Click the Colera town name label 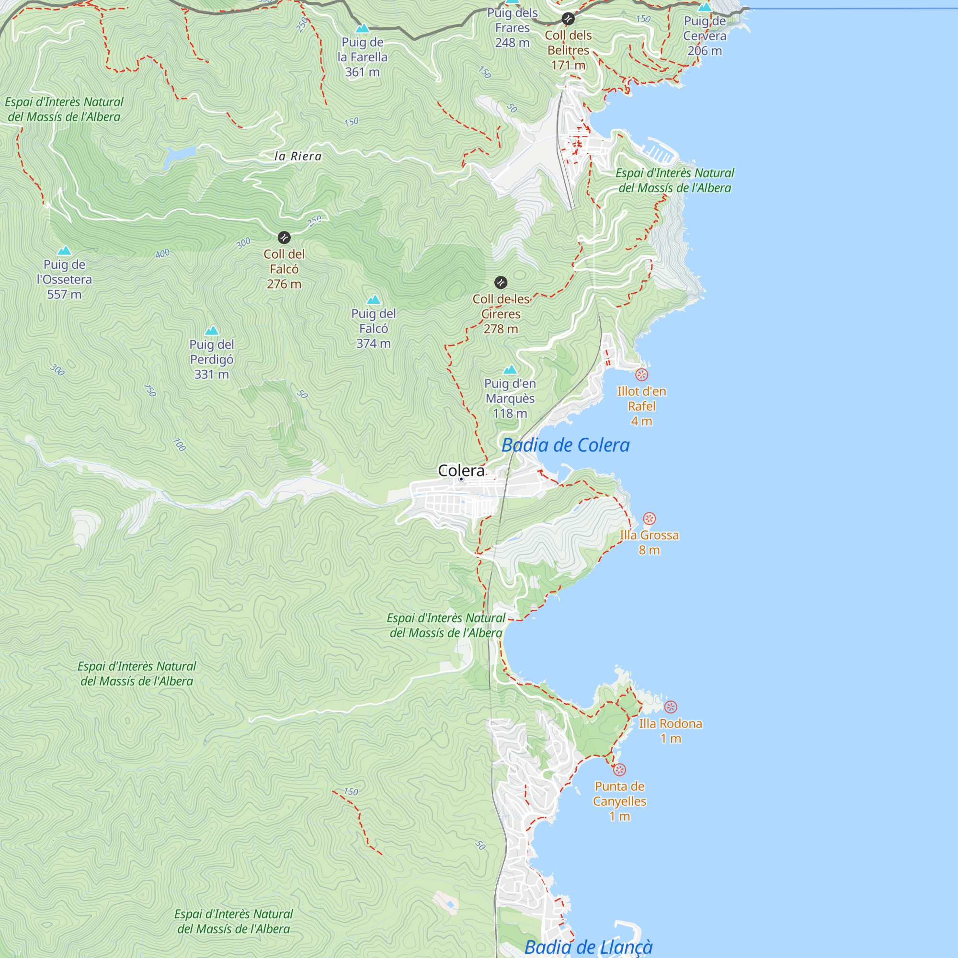(x=461, y=470)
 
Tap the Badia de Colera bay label (x=565, y=445)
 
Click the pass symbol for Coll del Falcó (x=284, y=238)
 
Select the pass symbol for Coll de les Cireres (x=501, y=283)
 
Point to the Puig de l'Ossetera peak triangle (x=64, y=251)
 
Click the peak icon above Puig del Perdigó (x=212, y=330)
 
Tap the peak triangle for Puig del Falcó (x=374, y=299)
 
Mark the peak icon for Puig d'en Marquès (x=510, y=369)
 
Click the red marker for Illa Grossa (x=649, y=519)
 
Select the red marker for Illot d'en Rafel (x=642, y=375)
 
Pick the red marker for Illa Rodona (x=671, y=707)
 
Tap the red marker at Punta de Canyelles (x=619, y=770)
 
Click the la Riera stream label (x=298, y=156)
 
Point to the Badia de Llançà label (x=588, y=947)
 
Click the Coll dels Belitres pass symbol (x=568, y=19)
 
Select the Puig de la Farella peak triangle (x=363, y=28)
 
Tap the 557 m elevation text (x=64, y=295)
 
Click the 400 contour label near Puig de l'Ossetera (x=163, y=254)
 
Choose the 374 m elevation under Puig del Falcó (x=374, y=343)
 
